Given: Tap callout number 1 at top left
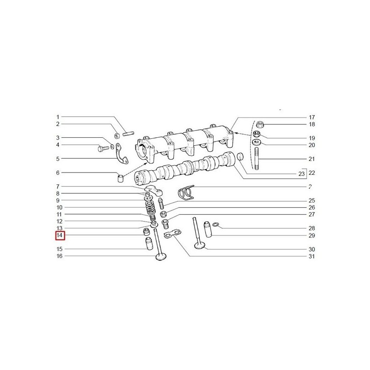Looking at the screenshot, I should [58, 117].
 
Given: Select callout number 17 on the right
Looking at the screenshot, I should [312, 117].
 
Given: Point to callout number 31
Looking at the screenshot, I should [312, 256].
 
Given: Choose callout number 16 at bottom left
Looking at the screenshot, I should [59, 256].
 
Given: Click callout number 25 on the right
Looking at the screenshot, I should [312, 201].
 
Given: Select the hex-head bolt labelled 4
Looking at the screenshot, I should [102, 148].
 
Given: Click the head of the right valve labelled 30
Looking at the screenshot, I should [200, 245].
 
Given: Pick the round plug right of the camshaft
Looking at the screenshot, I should [240, 157].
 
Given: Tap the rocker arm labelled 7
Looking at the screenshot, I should [152, 190].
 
